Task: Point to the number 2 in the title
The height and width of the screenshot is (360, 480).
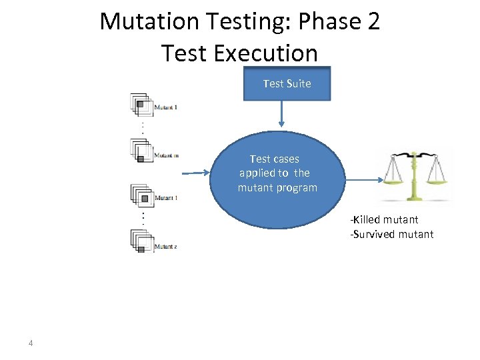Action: [373, 21]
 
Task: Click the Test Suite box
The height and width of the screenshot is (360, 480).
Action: [287, 84]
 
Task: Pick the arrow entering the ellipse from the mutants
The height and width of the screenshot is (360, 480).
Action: [196, 173]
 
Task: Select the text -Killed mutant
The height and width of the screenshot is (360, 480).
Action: [385, 219]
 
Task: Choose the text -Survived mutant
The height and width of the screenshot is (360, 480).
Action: [392, 234]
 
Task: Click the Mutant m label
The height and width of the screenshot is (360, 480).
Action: [166, 156]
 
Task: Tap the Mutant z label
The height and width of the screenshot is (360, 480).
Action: [165, 247]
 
